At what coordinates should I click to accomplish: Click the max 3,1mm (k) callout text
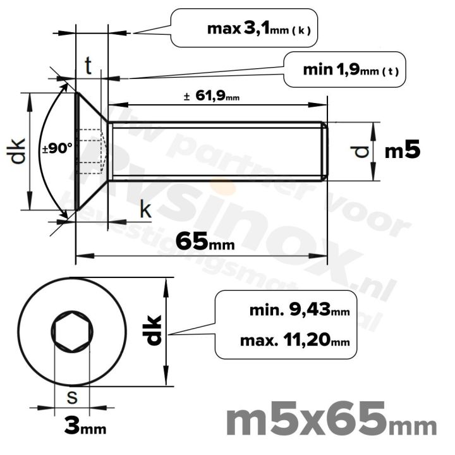pos(258,28)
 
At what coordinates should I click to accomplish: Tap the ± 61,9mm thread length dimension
pos(211,97)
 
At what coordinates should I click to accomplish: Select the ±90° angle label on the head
pos(58,149)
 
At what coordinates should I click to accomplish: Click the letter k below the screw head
pos(145,210)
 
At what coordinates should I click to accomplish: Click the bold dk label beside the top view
pos(154,330)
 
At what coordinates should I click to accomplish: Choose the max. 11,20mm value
pos(294,341)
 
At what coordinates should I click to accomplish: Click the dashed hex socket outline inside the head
pos(92,152)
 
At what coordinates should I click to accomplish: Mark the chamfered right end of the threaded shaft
pos(325,151)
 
